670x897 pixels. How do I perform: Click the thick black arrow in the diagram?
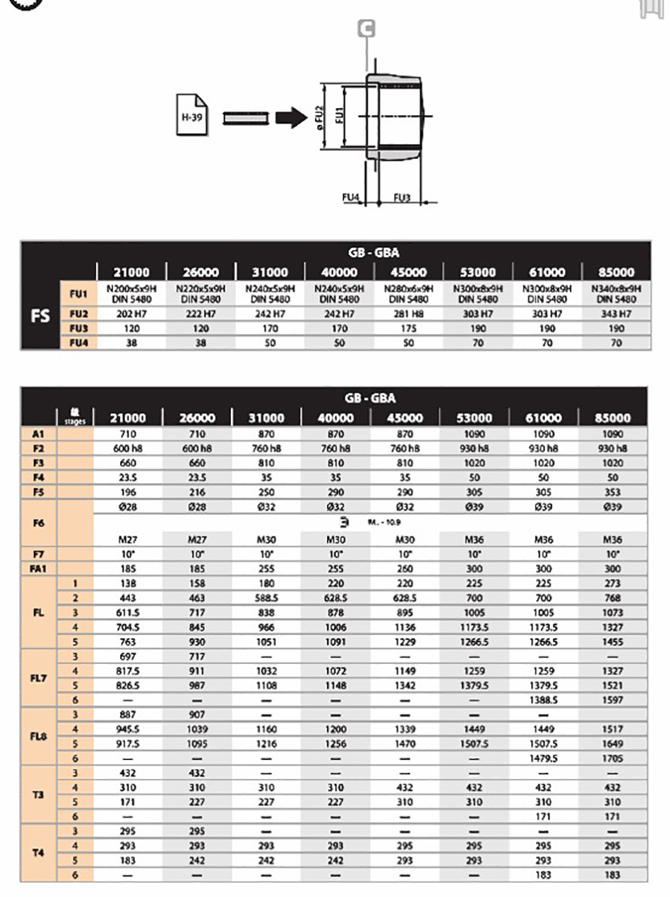(287, 118)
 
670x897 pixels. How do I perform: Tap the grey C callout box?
(367, 29)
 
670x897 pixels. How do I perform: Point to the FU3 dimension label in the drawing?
(402, 197)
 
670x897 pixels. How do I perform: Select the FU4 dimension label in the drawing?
(351, 197)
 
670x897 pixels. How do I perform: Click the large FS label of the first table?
(40, 315)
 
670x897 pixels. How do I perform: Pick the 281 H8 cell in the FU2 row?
(408, 314)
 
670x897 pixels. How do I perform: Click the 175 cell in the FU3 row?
(408, 328)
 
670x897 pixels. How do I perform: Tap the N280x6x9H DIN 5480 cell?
(408, 293)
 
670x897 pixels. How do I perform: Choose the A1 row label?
(37, 433)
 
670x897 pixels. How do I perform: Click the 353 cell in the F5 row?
(613, 491)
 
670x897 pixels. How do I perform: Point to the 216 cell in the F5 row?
(197, 491)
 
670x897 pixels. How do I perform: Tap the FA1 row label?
(37, 569)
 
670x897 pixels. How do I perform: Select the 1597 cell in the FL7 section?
(613, 699)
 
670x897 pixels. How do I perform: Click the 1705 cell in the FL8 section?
(613, 757)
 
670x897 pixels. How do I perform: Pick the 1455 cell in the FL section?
(613, 641)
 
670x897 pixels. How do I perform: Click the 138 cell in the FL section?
(128, 583)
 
